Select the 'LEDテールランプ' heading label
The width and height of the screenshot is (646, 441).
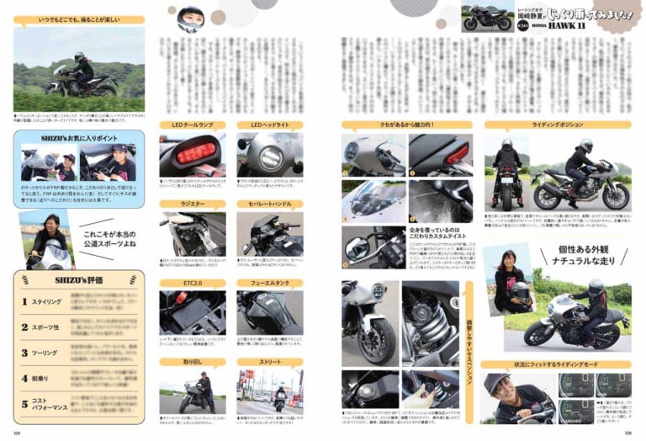point(193,125)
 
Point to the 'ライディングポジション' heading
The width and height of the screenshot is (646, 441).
point(557,125)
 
